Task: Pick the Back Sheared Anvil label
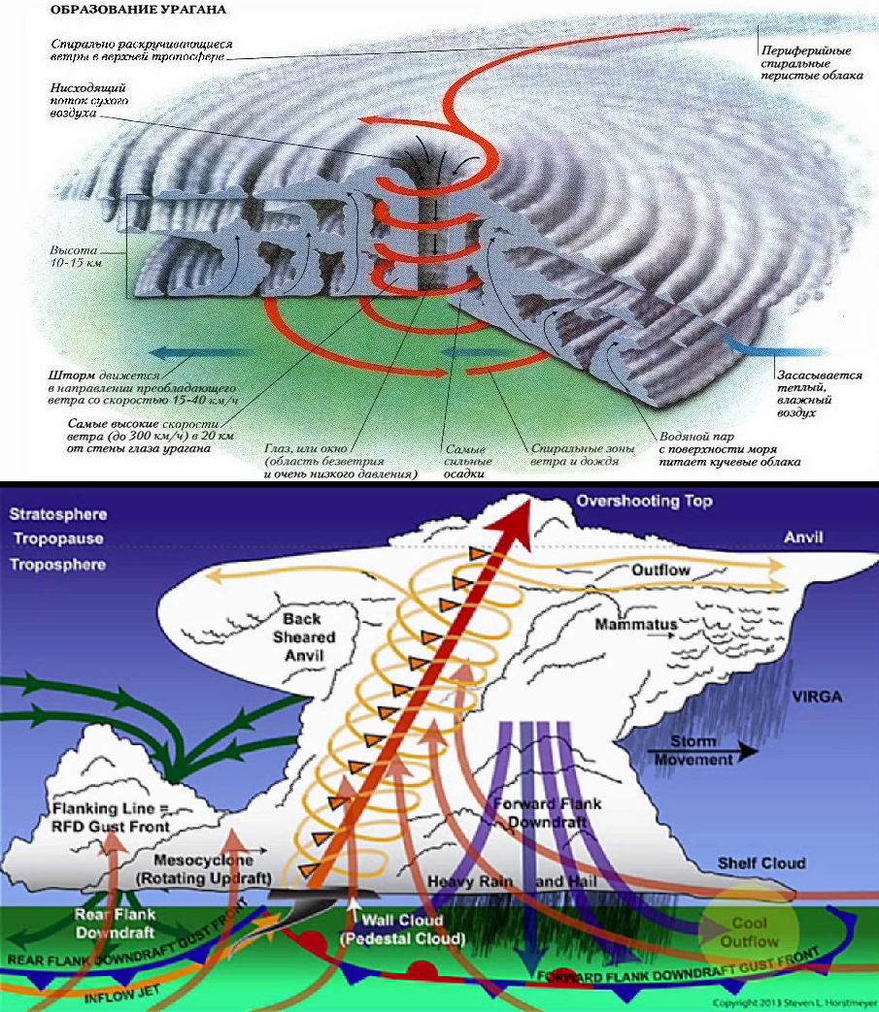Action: click(309, 637)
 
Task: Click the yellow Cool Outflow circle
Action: click(755, 932)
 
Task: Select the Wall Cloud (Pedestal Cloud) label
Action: click(401, 930)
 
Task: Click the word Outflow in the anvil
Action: click(660, 571)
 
